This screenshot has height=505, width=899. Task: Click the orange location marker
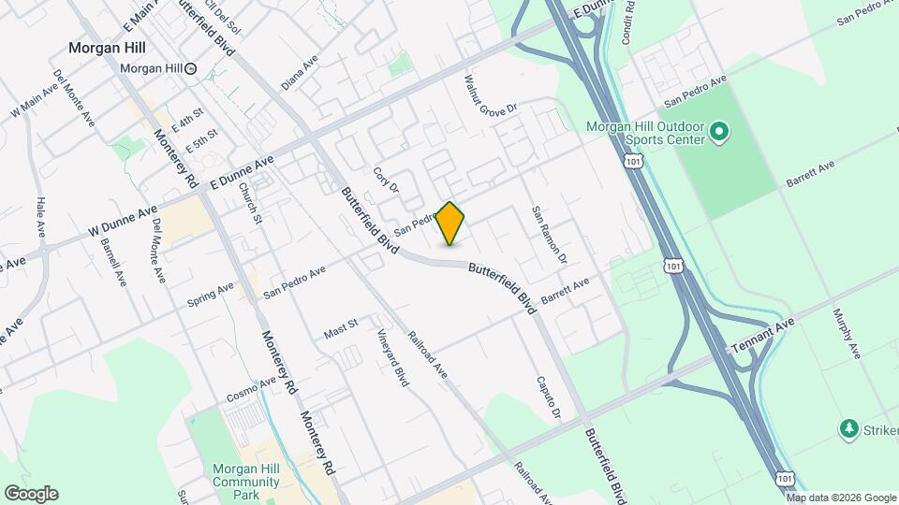450,224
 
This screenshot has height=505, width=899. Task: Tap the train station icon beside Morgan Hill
191,68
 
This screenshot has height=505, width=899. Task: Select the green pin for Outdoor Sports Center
719,133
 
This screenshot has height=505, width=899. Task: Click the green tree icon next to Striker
849,428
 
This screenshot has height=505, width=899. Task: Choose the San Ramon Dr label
550,234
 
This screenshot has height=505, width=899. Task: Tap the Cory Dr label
386,180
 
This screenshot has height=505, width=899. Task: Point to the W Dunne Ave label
123,224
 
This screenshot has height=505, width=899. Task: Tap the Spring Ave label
210,294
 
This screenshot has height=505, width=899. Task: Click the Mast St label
341,328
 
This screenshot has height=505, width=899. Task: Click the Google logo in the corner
31,494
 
